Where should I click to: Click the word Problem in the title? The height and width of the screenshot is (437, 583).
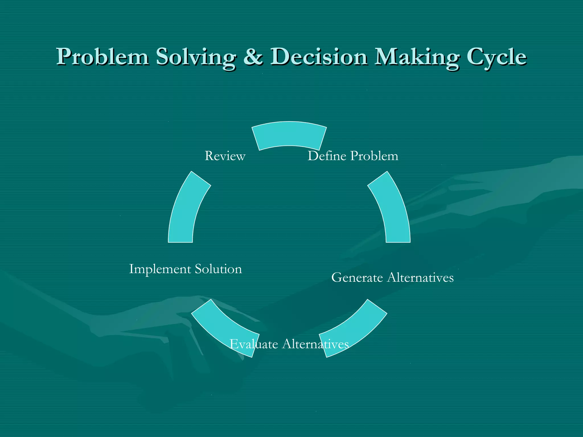tap(102, 57)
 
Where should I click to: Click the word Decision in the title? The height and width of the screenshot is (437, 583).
tap(319, 57)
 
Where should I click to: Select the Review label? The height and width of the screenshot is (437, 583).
tap(225, 156)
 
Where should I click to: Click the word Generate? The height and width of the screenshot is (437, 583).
tap(357, 278)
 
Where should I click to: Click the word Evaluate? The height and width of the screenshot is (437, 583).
tap(254, 344)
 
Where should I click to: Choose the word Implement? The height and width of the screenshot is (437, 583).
tap(160, 269)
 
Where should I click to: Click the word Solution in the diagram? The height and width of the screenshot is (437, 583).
tap(218, 269)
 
